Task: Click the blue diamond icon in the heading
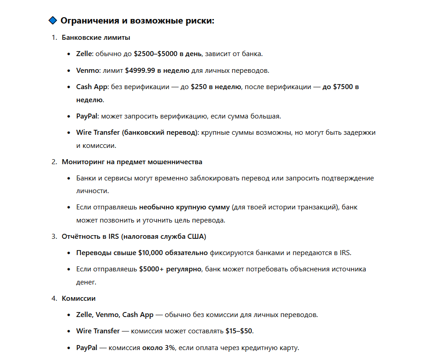[x=52, y=20]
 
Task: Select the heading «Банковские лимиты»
[x=96, y=37]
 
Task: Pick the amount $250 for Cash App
[x=198, y=87]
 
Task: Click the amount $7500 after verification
[x=344, y=87]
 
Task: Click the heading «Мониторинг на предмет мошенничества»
[x=132, y=161]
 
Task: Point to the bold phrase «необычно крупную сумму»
[x=184, y=207]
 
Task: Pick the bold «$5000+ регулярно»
[x=170, y=269]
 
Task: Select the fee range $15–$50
[x=239, y=331]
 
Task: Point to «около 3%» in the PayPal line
[x=158, y=348]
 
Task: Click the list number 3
[x=54, y=236]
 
